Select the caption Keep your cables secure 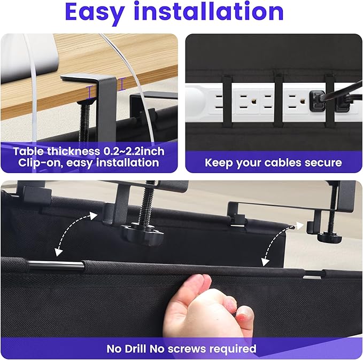(x=273, y=162)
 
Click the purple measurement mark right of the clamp (x=122, y=83)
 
